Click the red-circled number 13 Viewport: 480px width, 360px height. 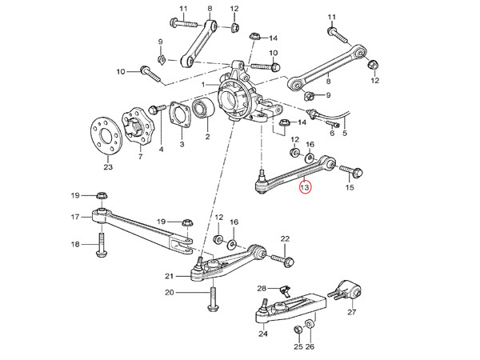(x=304, y=188)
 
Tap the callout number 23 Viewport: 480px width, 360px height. (x=108, y=167)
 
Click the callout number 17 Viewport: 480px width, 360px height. (x=75, y=217)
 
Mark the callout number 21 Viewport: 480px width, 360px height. (x=169, y=276)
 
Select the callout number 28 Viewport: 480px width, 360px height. (x=261, y=288)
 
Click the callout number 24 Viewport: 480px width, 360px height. (x=263, y=334)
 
